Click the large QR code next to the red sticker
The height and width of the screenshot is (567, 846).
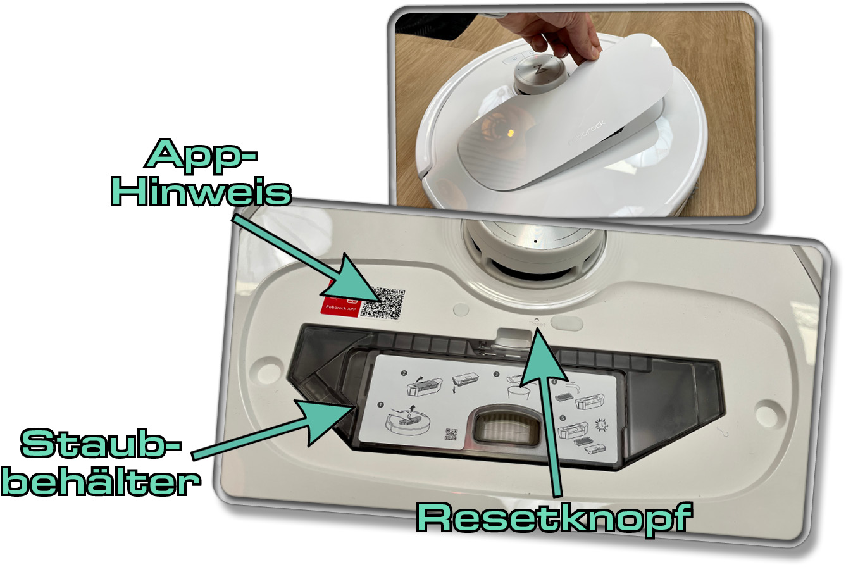(x=382, y=302)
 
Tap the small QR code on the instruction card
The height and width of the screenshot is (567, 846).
(x=451, y=435)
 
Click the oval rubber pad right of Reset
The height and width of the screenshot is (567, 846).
(x=566, y=322)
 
